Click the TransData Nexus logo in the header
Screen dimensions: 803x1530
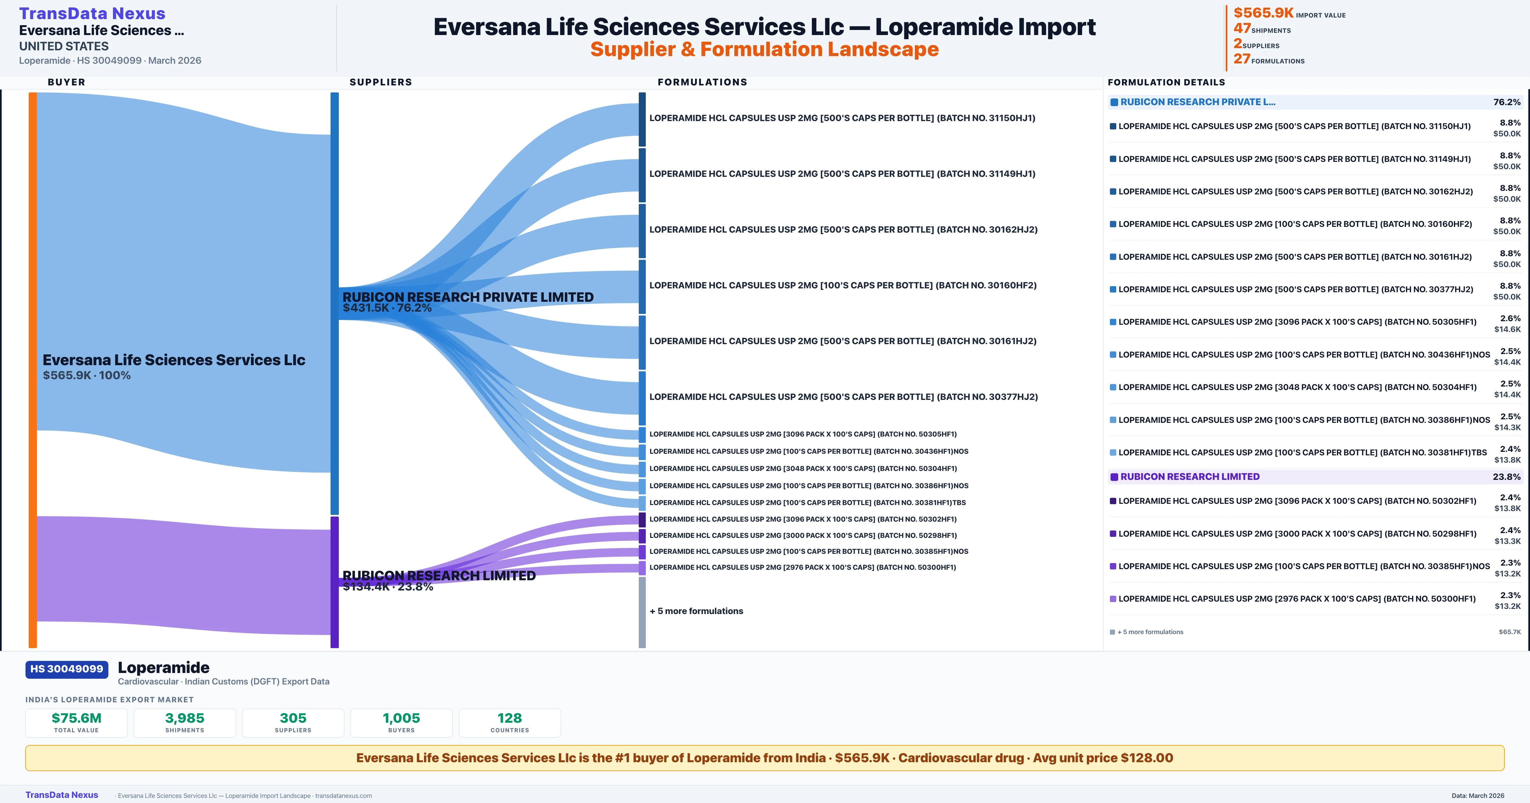click(x=92, y=13)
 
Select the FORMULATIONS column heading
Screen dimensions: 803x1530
click(x=702, y=82)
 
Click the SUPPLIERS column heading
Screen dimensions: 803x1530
click(x=381, y=82)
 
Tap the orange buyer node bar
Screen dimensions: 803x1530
click(x=33, y=369)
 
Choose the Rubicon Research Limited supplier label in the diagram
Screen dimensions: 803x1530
click(x=439, y=575)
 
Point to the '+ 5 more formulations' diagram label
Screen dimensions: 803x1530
click(x=696, y=611)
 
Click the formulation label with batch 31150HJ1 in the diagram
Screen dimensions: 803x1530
click(x=842, y=118)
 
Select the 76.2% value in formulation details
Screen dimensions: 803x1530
click(x=1507, y=102)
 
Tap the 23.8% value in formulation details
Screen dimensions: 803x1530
click(x=1506, y=477)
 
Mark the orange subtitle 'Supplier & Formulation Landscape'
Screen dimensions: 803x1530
click(x=764, y=49)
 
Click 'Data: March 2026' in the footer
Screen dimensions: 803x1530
click(x=1478, y=795)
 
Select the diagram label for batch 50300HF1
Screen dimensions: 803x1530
click(x=802, y=567)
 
